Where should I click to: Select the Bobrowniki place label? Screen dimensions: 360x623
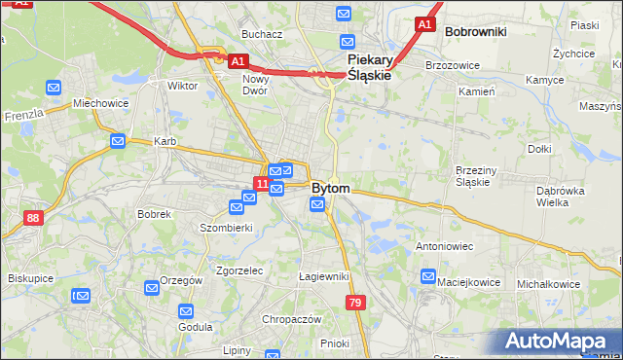(x=475, y=32)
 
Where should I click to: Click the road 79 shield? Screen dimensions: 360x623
(x=355, y=305)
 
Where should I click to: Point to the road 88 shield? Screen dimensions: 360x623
(x=34, y=218)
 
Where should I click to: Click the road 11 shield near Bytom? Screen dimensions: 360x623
(x=261, y=183)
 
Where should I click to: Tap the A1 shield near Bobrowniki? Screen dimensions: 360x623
(x=424, y=23)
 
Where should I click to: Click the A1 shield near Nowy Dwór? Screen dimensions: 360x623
(x=238, y=60)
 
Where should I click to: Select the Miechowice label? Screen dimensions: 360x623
(x=100, y=103)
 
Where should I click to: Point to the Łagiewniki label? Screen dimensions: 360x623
(x=323, y=276)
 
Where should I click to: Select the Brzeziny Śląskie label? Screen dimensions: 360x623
(x=478, y=176)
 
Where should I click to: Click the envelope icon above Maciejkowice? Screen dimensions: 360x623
(x=428, y=277)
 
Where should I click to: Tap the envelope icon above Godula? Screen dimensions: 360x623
(x=186, y=311)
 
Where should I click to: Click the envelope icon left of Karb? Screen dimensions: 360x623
(x=118, y=141)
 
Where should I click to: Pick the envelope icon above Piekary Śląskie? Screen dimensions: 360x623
(x=344, y=14)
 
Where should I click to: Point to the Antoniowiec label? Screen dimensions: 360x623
(x=444, y=246)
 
